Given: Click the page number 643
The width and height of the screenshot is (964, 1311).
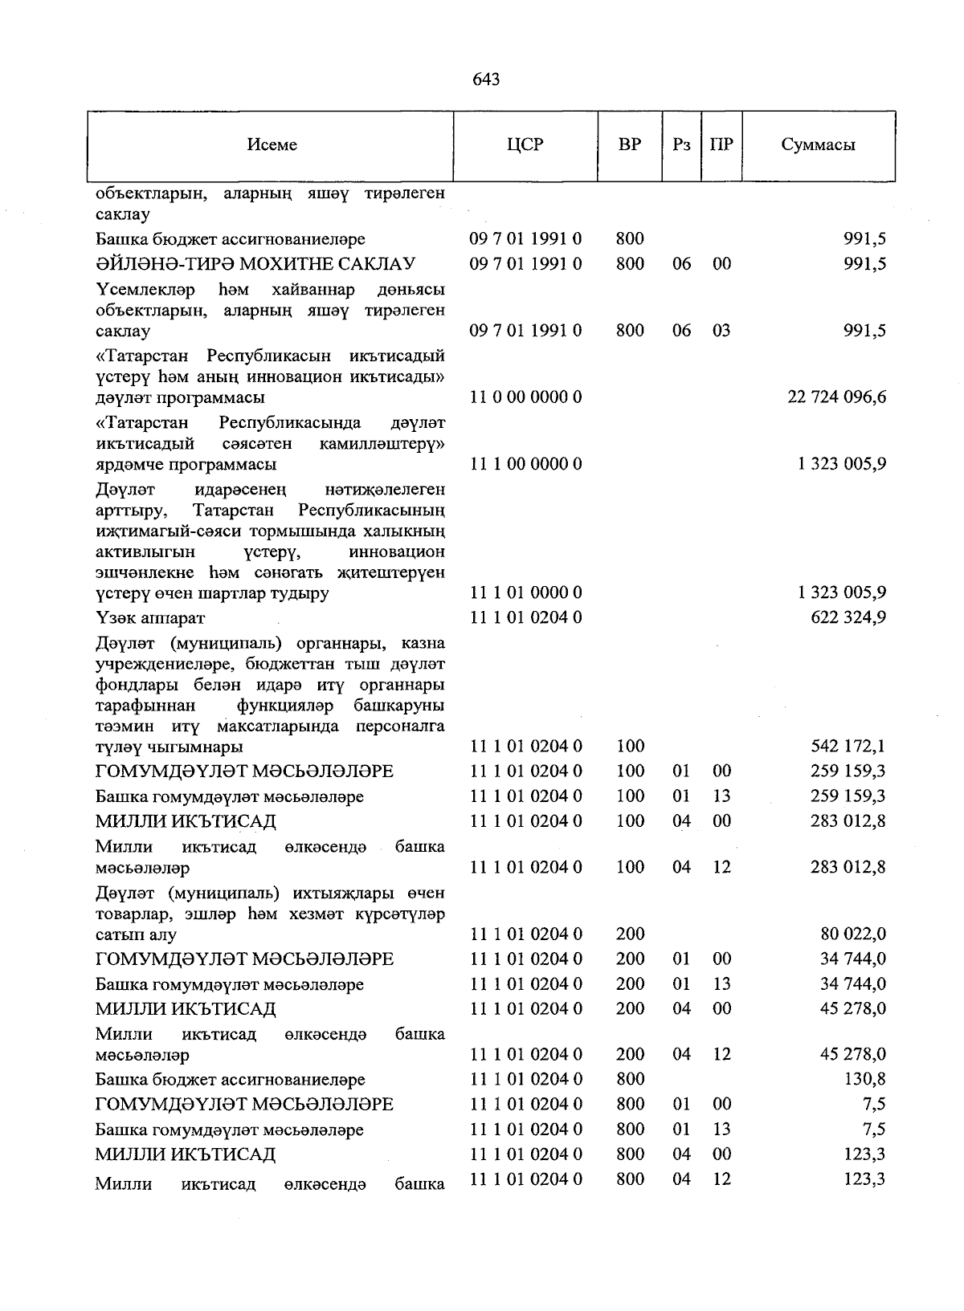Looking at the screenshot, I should coord(486,79).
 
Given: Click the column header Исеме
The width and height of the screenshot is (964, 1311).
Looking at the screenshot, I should coord(272,145).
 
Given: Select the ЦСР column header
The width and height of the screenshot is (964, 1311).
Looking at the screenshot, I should coord(525,145).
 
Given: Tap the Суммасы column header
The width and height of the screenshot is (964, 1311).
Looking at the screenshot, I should coord(817,145).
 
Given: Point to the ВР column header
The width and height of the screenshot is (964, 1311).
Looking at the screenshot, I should coord(630,145).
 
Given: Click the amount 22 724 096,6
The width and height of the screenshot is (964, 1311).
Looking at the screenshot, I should coord(837,397).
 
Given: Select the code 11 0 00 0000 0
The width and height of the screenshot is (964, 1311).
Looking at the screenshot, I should coord(525,397).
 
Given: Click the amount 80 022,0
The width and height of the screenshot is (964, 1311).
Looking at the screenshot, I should coord(852,934).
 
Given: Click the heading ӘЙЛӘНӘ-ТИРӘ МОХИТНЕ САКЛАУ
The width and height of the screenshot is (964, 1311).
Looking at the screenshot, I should coord(255,264).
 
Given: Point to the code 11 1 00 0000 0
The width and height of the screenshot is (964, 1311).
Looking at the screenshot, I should coord(525,464).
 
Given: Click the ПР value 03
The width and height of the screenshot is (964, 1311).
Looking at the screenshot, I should coord(721,331).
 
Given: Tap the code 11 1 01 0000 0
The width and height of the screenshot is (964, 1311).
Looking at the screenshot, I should coord(525,593).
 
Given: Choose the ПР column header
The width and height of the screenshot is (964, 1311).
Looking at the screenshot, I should coord(721,145).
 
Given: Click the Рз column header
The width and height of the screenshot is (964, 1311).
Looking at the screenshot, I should coord(681,145).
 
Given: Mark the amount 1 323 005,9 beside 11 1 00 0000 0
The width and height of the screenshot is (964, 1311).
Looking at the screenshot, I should coord(842,464).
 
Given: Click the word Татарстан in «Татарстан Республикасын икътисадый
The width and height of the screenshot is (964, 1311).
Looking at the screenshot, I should coord(146,356).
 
